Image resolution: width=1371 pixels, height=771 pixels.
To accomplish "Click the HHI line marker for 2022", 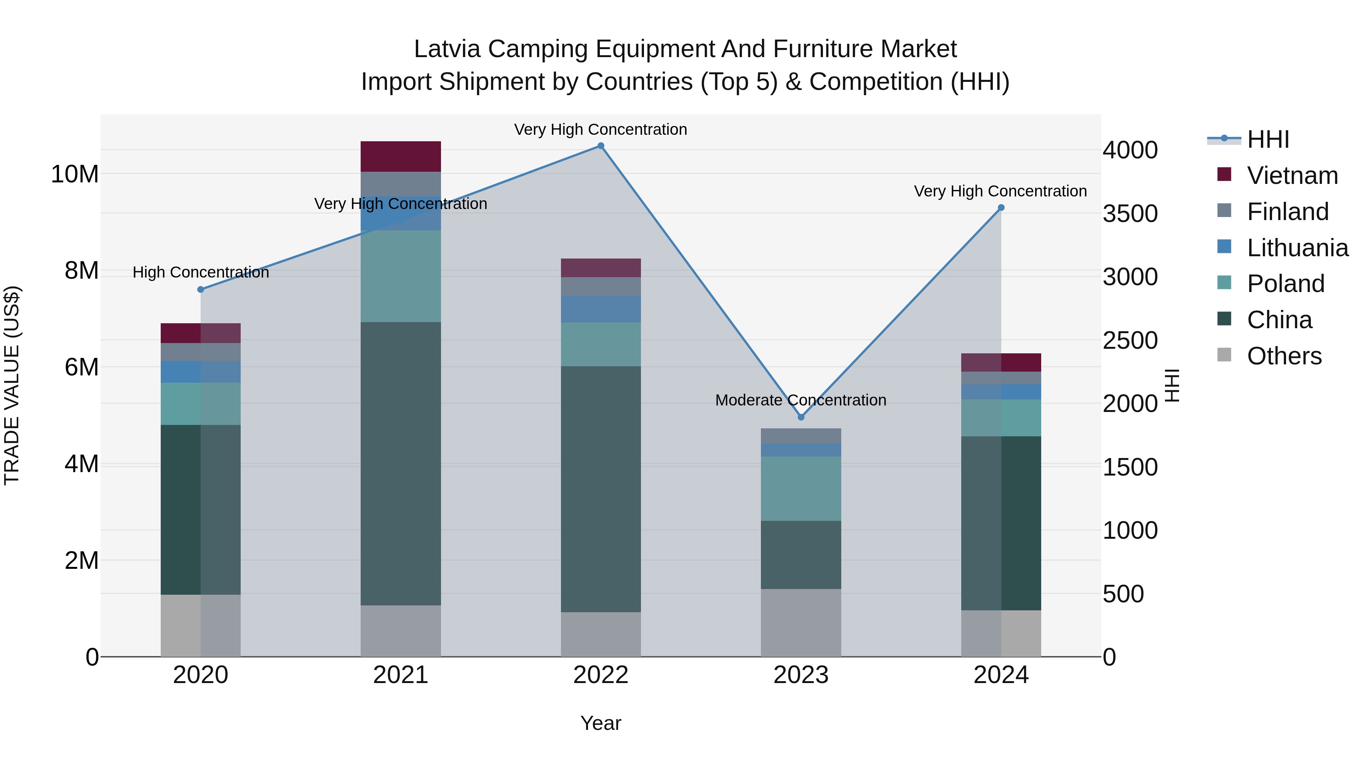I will coord(601,146).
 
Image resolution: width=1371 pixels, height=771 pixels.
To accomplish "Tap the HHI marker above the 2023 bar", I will coord(801,417).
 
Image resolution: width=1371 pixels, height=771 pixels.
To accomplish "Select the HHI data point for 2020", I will coord(201,289).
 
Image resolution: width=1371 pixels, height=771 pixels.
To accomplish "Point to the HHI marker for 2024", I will coord(1001,208).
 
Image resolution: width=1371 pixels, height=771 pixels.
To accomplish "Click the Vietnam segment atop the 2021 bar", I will coord(401,156).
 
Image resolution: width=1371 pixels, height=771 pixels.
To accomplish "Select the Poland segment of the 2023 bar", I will coord(801,488).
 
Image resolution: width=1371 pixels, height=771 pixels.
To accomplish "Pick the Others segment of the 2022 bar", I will coord(601,634).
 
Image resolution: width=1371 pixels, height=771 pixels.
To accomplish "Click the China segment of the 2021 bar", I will coord(401,463).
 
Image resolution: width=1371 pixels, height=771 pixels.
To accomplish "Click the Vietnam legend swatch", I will coord(1224,174).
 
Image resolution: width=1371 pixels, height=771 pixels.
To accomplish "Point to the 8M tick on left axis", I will coord(81,271).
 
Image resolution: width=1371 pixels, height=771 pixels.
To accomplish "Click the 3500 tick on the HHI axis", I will coord(1130,213).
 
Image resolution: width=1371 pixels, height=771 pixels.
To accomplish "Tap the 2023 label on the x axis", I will coord(801,675).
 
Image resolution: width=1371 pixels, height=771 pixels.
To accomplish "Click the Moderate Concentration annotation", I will coord(801,400).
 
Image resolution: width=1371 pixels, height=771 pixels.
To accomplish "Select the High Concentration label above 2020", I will coord(201,273).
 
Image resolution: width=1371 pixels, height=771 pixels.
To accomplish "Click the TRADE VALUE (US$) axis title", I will coord(12,385).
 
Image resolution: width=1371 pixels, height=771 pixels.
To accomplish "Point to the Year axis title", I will coord(601,723).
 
